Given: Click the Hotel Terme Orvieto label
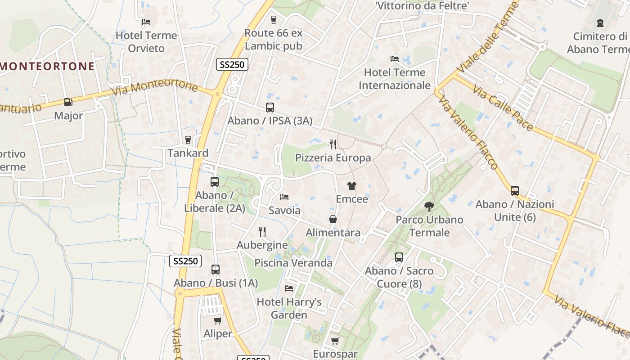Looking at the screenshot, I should (x=146, y=41).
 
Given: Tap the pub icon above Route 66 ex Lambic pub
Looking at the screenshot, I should (x=273, y=19).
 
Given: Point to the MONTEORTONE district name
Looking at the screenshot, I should (x=47, y=66).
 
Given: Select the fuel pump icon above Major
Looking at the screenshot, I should (x=68, y=102).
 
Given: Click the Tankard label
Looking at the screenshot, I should (x=188, y=153).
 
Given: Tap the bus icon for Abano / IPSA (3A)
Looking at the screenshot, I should (x=270, y=108).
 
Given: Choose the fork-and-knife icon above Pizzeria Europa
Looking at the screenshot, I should (x=333, y=144).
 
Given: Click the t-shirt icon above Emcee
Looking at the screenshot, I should (x=352, y=185).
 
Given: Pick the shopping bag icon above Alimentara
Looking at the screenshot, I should (x=333, y=219).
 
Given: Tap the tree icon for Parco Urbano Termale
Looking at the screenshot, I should (x=429, y=207).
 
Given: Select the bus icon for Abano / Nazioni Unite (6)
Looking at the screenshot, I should (x=515, y=191).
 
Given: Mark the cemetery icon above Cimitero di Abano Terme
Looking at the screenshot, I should (x=600, y=22).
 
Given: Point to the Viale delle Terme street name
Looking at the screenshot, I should (x=488, y=36).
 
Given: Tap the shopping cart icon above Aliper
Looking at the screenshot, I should (x=218, y=320).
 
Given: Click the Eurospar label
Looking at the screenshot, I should (x=335, y=354).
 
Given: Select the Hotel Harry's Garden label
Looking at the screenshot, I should (x=289, y=308).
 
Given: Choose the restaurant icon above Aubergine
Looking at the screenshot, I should (x=262, y=232).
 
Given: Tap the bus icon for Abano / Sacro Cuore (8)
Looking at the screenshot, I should (x=399, y=257).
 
